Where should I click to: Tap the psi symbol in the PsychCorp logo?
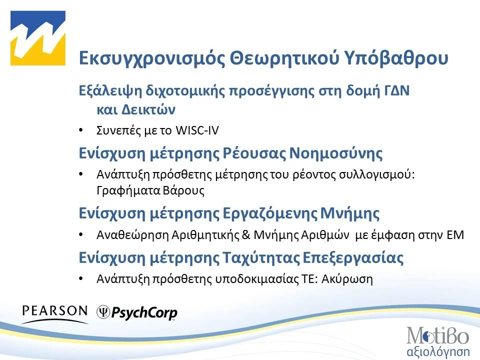[102, 312]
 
